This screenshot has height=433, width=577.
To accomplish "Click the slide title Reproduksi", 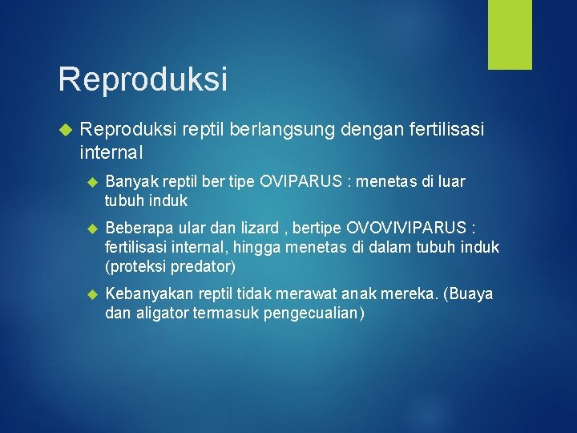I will point(143,79).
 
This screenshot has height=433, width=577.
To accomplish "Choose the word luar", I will point(451,182).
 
